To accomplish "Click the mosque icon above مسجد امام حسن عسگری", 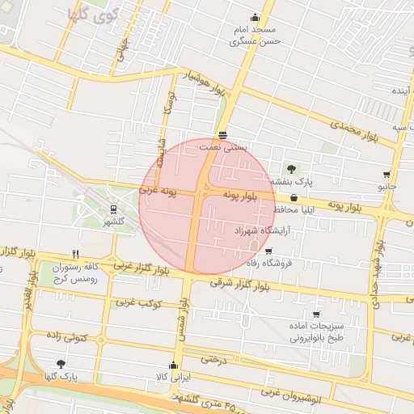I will click(256, 18).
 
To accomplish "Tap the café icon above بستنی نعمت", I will click(222, 135).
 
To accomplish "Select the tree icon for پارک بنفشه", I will click(291, 169).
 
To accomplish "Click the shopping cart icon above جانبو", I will click(387, 175).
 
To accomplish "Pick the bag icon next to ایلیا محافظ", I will click(293, 196).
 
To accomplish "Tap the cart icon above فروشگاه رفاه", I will click(268, 251).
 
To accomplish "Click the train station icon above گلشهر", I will click(113, 209).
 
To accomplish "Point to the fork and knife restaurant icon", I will click(76, 253).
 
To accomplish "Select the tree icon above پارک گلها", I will click(61, 364).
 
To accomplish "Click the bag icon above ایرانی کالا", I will click(172, 365).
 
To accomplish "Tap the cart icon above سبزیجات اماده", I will click(316, 315).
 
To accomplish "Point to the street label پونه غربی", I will click(158, 191).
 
